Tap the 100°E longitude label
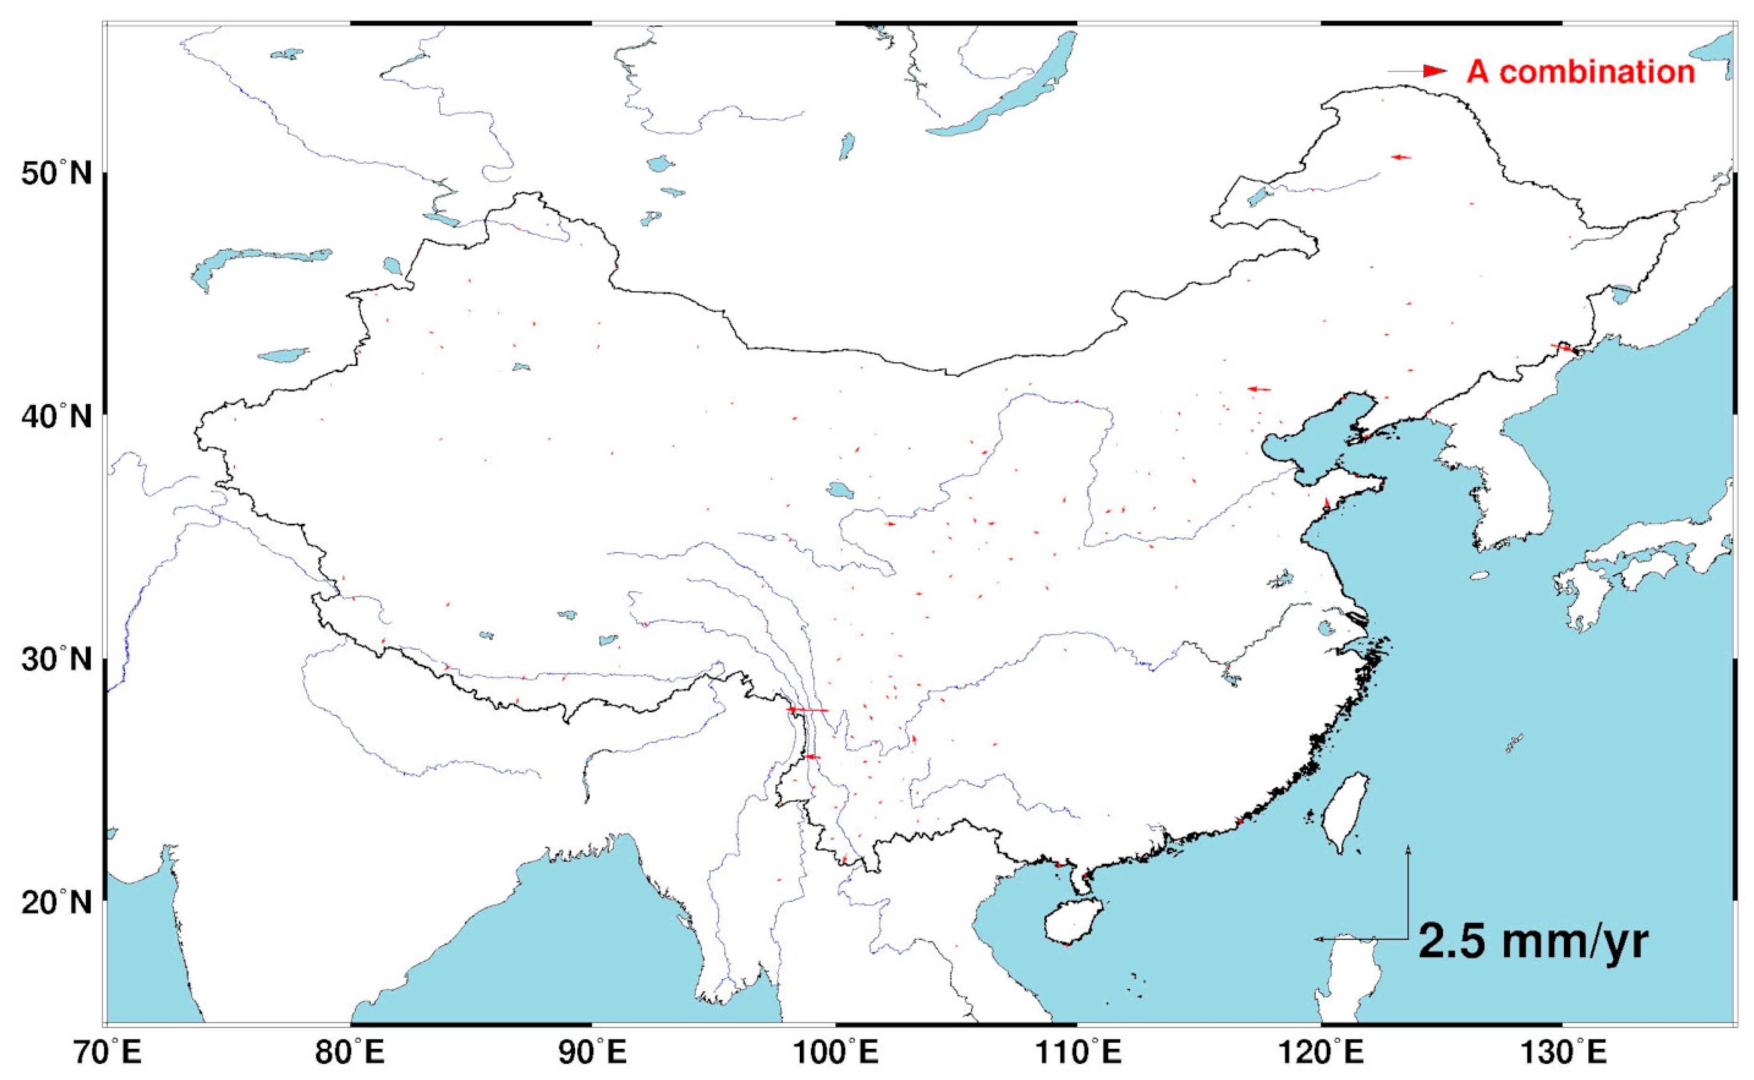(x=836, y=1052)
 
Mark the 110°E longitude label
(x=1078, y=1052)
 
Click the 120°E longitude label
(x=1321, y=1052)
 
